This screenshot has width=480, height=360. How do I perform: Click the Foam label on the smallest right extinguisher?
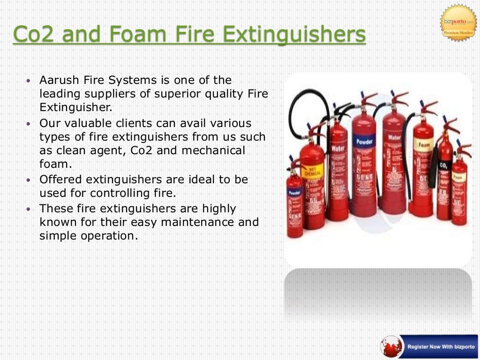pyautogui.click(x=459, y=178)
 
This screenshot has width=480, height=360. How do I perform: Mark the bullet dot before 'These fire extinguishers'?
pyautogui.click(x=30, y=209)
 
